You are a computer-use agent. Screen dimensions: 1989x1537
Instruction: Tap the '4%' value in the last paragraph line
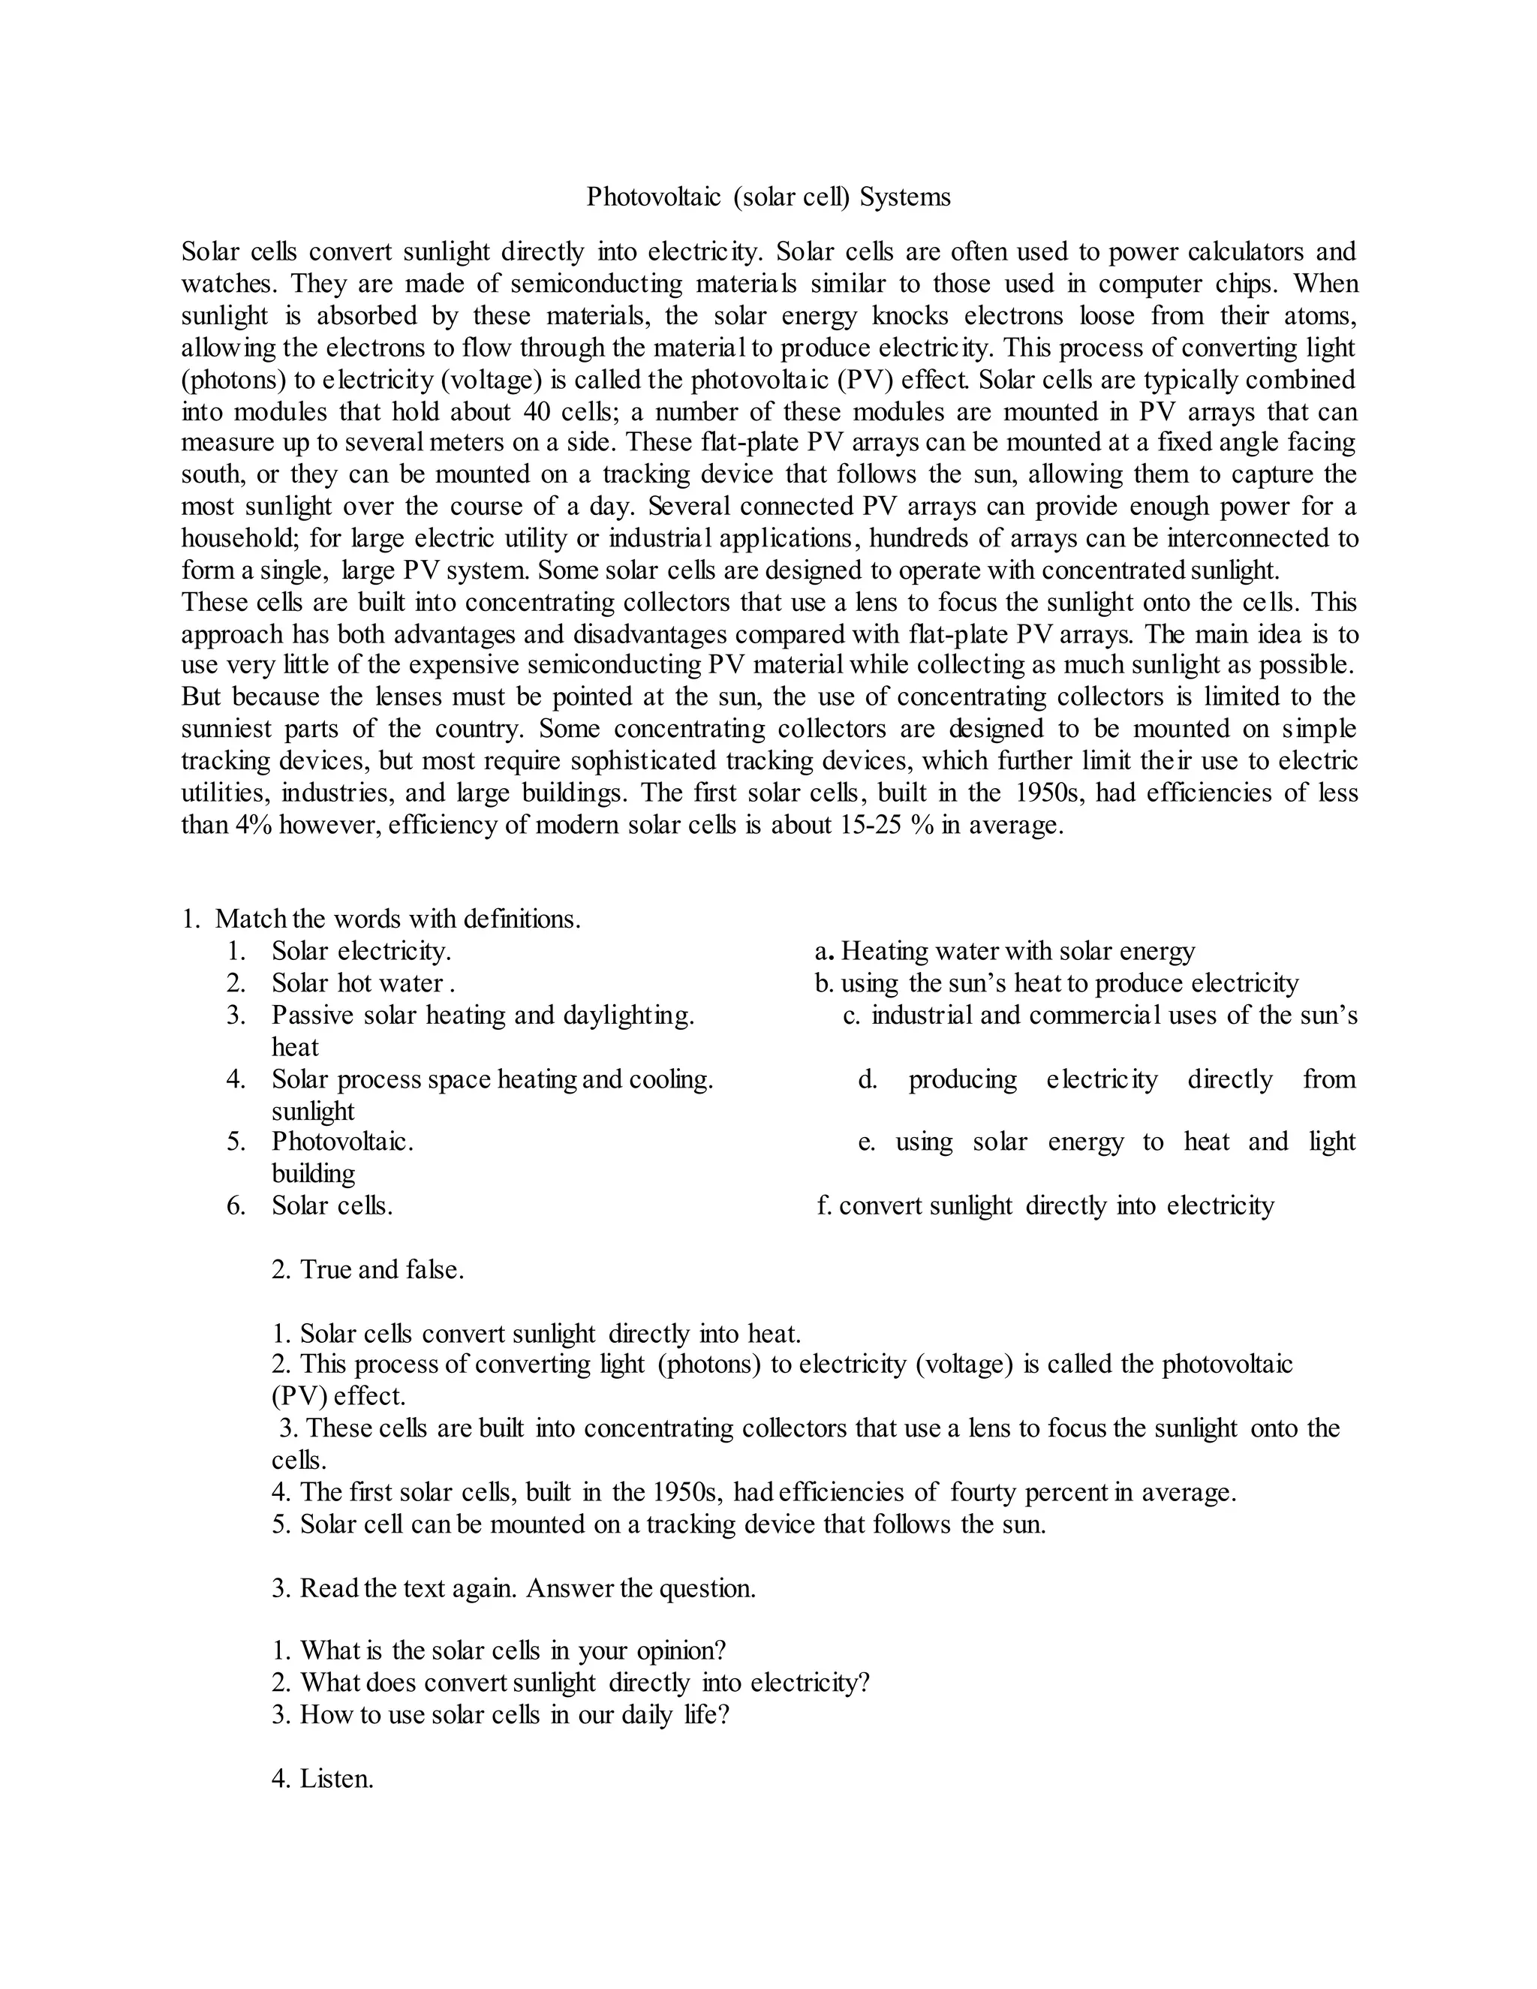(253, 825)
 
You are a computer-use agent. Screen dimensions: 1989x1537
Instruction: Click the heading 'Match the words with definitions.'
(397, 919)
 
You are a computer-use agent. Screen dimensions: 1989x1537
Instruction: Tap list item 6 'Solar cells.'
(332, 1206)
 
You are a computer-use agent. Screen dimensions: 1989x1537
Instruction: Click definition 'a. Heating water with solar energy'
(1004, 952)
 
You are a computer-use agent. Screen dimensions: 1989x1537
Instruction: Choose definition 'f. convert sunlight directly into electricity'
(1045, 1206)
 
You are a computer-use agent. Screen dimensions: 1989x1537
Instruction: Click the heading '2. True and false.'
(368, 1269)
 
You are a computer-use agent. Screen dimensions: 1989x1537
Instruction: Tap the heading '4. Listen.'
(322, 1779)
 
